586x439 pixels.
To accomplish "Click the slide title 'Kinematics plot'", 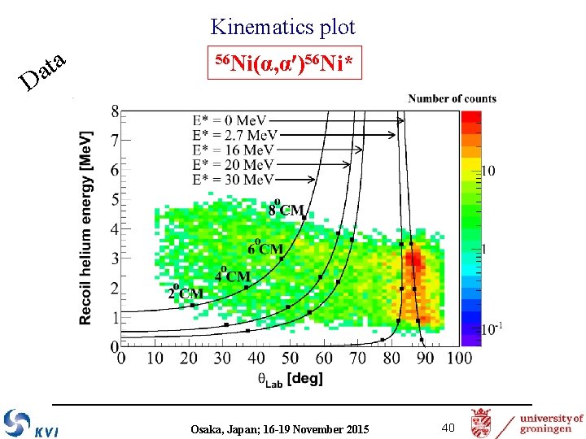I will point(282,27).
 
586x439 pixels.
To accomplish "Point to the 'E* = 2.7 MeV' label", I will point(234,135).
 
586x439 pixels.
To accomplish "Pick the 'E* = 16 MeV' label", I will point(232,150).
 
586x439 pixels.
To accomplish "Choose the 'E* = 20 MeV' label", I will point(232,164).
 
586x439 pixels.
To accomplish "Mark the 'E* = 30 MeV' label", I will point(232,179).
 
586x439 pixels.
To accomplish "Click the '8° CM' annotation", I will point(286,209).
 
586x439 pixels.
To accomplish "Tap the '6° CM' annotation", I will point(265,247).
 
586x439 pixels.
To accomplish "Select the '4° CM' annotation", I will point(233,275).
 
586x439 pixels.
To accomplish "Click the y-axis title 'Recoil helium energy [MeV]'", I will point(86,228).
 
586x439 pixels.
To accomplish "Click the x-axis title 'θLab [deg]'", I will point(290,379).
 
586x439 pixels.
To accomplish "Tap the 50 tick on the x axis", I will point(289,358).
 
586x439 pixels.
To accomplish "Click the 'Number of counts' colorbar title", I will point(452,98).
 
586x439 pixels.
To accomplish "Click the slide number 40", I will point(448,428).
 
